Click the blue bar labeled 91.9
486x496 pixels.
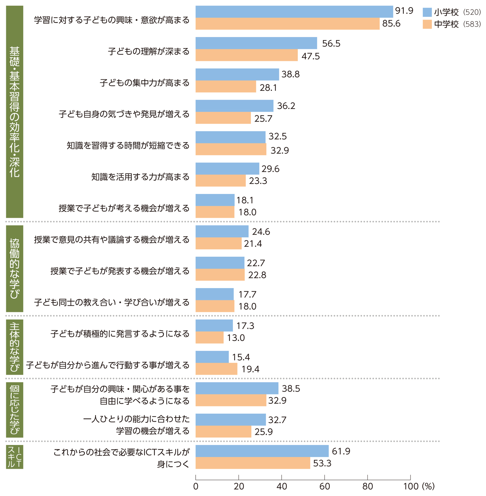point(294,12)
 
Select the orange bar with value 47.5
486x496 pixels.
point(247,55)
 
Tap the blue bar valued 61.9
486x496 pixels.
point(262,451)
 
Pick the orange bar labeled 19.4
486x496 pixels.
point(216,369)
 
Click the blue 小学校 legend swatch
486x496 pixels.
point(427,12)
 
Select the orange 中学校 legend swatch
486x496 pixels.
point(427,24)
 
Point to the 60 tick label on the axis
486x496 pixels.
point(324,486)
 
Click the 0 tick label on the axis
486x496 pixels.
point(196,486)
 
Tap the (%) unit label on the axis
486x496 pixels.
point(428,486)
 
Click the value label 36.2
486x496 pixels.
point(286,106)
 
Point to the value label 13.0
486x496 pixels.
point(236,338)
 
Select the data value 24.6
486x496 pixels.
point(261,232)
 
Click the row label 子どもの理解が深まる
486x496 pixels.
point(149,51)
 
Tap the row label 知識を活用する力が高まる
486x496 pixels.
point(140,177)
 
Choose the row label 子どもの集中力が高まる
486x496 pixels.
point(145,83)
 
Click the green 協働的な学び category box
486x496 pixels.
point(15,268)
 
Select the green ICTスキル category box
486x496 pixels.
point(15,457)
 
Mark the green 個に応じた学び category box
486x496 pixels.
point(15,410)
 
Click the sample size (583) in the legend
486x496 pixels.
point(472,24)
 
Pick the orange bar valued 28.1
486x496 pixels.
point(226,87)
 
